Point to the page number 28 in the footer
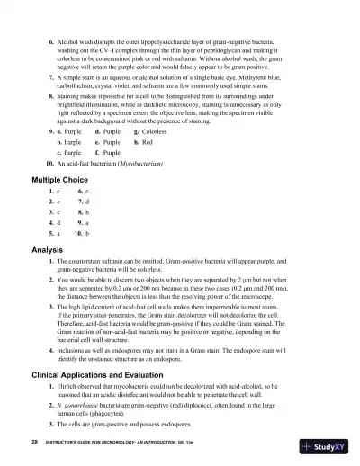click(34, 444)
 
